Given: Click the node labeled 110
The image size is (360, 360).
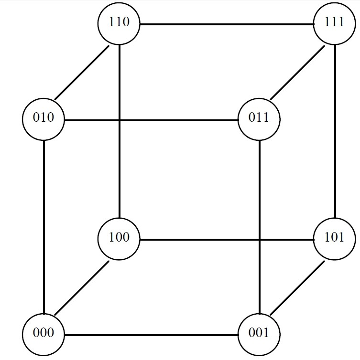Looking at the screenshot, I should point(119,23).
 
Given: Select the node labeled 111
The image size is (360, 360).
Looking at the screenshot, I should point(334,23).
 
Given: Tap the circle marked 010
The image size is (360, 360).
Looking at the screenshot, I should point(44,118).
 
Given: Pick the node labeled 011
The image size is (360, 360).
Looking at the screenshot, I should point(259,118).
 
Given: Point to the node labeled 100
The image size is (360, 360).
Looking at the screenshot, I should point(119,238).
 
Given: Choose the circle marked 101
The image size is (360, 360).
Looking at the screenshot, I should point(334,238).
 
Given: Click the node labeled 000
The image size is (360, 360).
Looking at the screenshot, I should point(44,334).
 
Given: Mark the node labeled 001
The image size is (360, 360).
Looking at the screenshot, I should point(259,334).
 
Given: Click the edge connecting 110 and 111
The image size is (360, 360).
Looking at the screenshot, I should point(226,23).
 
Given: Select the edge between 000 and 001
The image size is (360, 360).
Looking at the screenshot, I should point(151,334).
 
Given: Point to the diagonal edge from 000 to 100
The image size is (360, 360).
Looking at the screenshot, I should point(81,286).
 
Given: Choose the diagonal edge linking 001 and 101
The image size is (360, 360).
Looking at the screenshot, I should point(297,286).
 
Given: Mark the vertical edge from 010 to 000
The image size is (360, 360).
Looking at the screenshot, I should point(44,226).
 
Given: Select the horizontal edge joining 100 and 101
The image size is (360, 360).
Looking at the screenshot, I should point(226,239).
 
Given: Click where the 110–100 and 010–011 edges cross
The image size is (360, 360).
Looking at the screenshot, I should point(119,119).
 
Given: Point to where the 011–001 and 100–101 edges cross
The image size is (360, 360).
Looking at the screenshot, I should point(260,239).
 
